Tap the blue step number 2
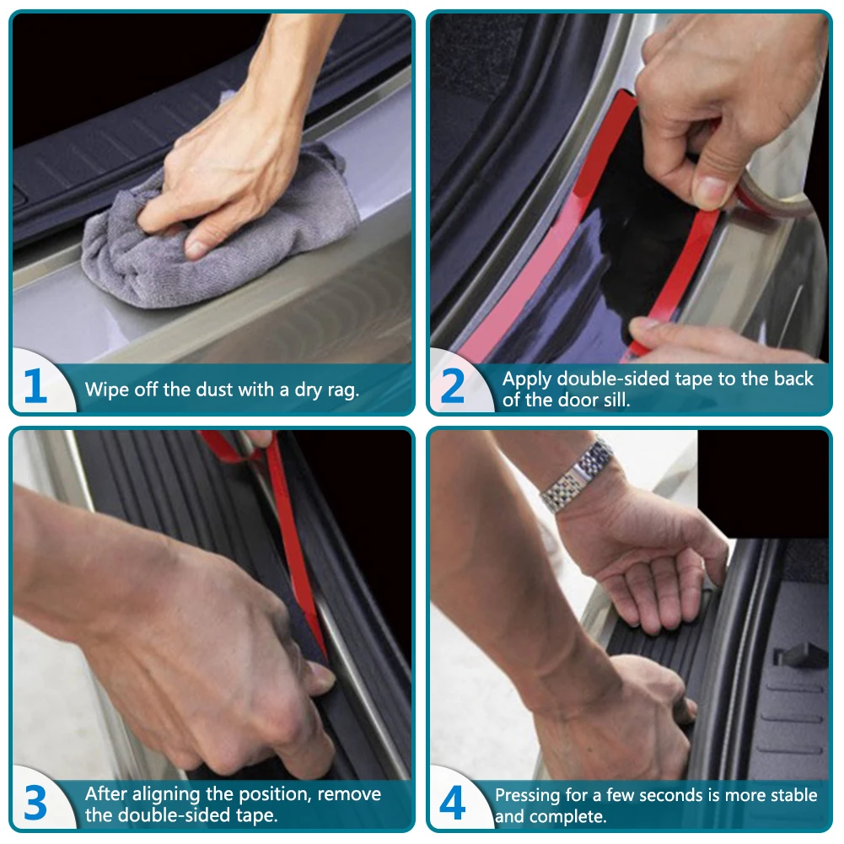coord(452,385)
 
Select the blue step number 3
coord(35,803)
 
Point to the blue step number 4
coord(452,803)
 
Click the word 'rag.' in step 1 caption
coord(341,390)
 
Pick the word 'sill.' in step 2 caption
coord(617,400)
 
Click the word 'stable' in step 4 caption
coord(794,795)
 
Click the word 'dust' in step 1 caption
coord(218,390)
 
